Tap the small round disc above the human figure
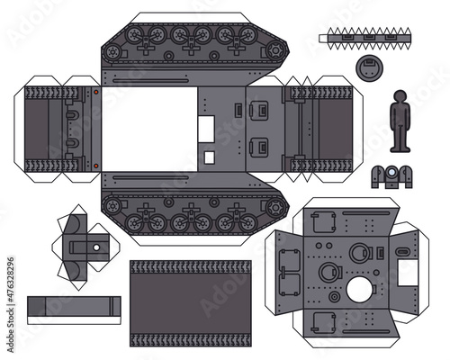coord(367,66)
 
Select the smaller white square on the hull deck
coord(209,157)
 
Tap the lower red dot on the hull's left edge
coord(95,164)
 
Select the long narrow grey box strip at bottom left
coord(74,307)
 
